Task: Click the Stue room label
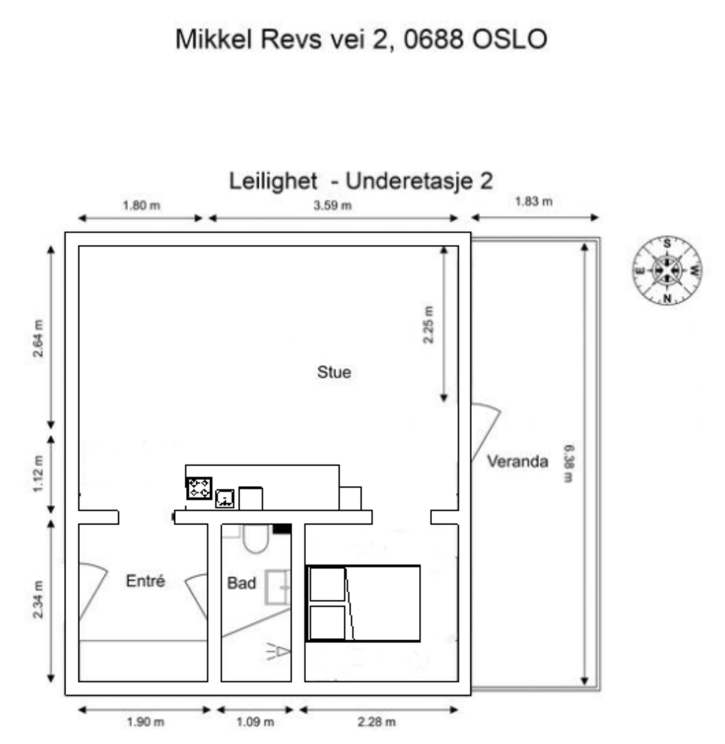pyautogui.click(x=334, y=372)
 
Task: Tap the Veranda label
pyautogui.click(x=517, y=461)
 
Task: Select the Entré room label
pyautogui.click(x=145, y=581)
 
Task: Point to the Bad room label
pyautogui.click(x=242, y=583)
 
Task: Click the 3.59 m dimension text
pyautogui.click(x=333, y=205)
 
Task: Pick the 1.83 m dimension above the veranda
pyautogui.click(x=534, y=201)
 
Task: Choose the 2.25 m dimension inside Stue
pyautogui.click(x=428, y=324)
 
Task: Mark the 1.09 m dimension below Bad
pyautogui.click(x=255, y=722)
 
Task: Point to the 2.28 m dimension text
pyautogui.click(x=377, y=722)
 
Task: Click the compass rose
pyautogui.click(x=667, y=271)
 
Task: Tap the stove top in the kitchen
pyautogui.click(x=199, y=488)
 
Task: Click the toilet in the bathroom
pyautogui.click(x=256, y=539)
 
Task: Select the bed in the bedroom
pyautogui.click(x=363, y=603)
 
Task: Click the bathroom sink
pyautogui.click(x=277, y=588)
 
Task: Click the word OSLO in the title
pyautogui.click(x=510, y=39)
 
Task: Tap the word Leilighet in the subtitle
pyautogui.click(x=273, y=181)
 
